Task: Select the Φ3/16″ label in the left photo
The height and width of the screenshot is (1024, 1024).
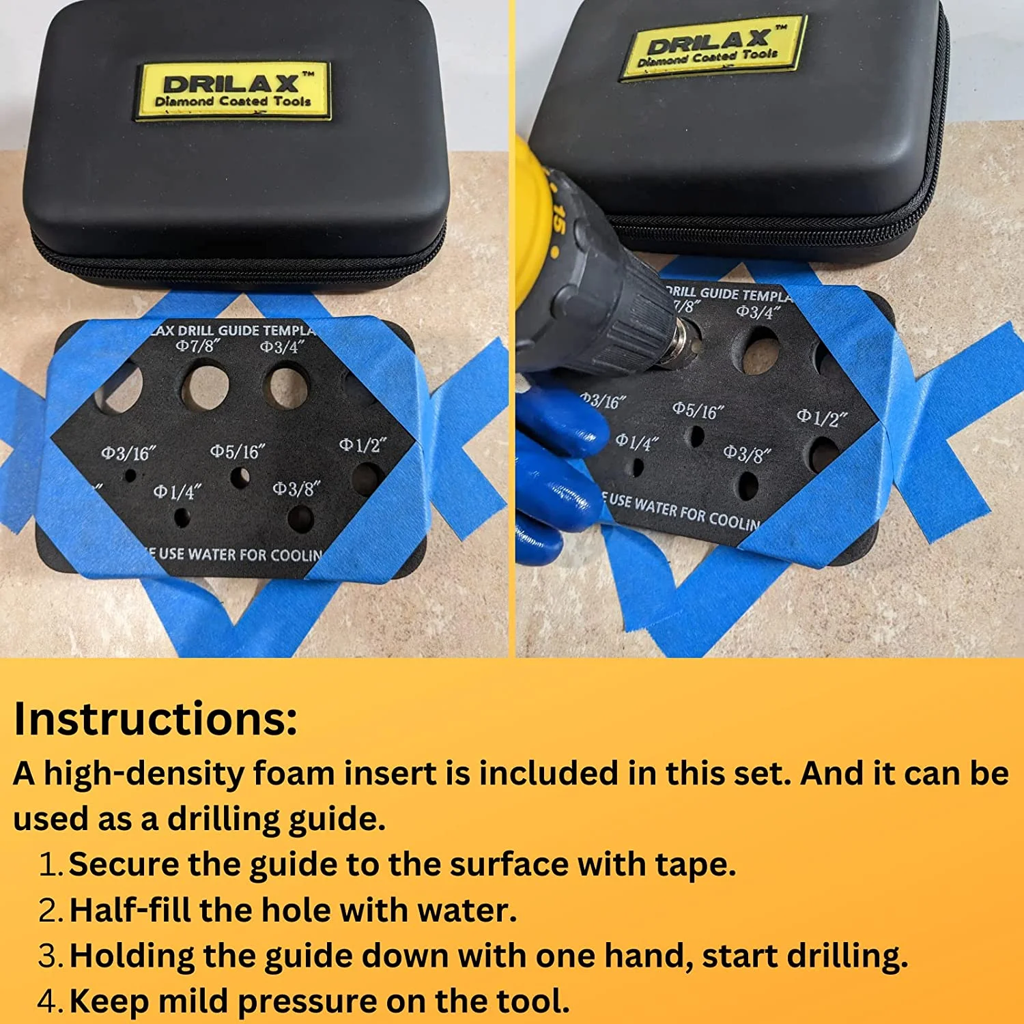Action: [x=128, y=453]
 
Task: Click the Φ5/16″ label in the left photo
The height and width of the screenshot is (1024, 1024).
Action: [x=237, y=451]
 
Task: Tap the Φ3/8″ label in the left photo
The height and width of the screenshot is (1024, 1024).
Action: [x=296, y=489]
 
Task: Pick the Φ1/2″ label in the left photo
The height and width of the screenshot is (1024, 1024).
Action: [x=362, y=445]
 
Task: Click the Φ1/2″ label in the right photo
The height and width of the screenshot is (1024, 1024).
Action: [x=823, y=416]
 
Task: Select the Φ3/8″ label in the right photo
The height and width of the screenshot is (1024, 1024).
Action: [x=747, y=453]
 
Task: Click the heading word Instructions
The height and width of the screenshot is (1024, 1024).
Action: [x=156, y=719]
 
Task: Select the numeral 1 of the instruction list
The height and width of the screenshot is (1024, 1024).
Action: [x=50, y=865]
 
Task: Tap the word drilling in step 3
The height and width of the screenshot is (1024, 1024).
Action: [x=847, y=956]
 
